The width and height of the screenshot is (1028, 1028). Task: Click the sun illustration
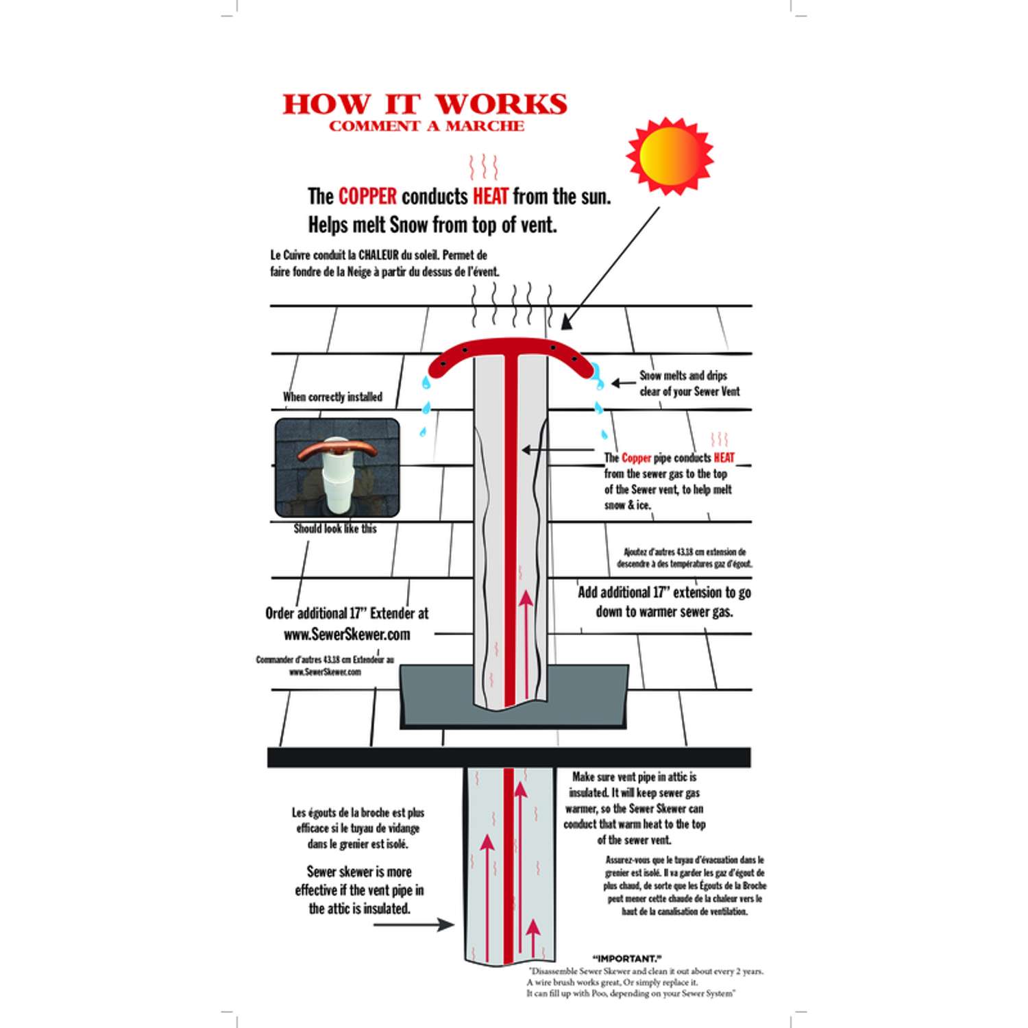[x=670, y=156]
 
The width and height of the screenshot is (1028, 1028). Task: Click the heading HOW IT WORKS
[x=425, y=104]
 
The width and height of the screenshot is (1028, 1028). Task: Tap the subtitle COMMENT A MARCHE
[x=426, y=126]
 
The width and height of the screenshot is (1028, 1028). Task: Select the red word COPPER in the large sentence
[x=367, y=197]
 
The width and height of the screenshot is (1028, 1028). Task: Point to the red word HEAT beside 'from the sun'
[x=491, y=197]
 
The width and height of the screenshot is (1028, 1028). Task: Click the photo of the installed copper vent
[x=337, y=467]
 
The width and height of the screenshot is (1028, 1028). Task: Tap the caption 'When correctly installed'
[x=332, y=397]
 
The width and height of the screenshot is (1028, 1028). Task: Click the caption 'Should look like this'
[x=335, y=528]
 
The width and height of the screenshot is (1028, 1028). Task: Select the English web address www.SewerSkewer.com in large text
[x=347, y=635]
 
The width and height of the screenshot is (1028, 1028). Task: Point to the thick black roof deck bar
[x=509, y=757]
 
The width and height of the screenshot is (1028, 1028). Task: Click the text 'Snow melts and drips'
[x=683, y=376]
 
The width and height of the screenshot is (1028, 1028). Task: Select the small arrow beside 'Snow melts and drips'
[x=623, y=383]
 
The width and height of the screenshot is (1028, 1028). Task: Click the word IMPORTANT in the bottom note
[x=627, y=958]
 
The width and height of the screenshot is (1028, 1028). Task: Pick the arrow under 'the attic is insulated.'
[x=414, y=925]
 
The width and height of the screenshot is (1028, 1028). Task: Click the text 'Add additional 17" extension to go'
[x=664, y=592]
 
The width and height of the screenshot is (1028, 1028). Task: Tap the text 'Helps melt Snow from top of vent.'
[x=432, y=225]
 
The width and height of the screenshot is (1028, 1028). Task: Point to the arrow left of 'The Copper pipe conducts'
[x=559, y=450]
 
